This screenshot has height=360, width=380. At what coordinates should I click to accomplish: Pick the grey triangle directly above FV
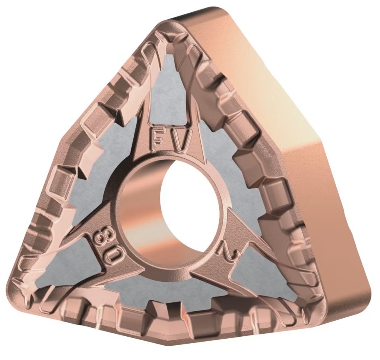tap(168, 90)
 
